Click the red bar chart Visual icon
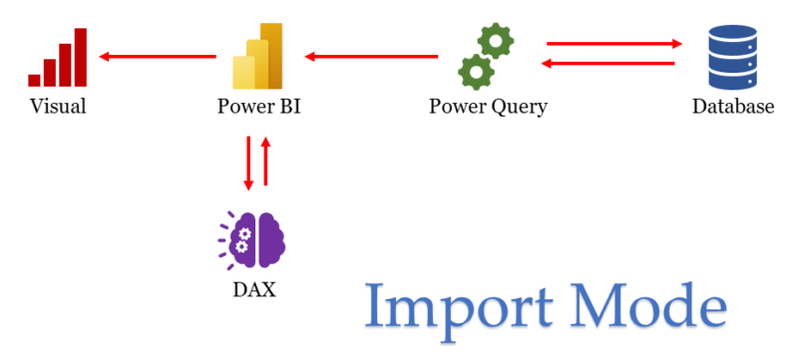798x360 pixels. tap(58, 58)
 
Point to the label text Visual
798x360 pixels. tap(58, 107)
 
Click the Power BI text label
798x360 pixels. tap(258, 107)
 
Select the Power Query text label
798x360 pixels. tap(488, 107)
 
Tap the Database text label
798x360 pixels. tap(733, 107)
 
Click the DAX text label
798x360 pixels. tap(255, 291)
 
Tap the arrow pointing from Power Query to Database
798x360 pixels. tap(612, 44)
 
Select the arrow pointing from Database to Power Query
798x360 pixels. tap(608, 64)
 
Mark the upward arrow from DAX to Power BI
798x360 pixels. tap(265, 163)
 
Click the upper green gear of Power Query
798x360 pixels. tap(495, 41)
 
